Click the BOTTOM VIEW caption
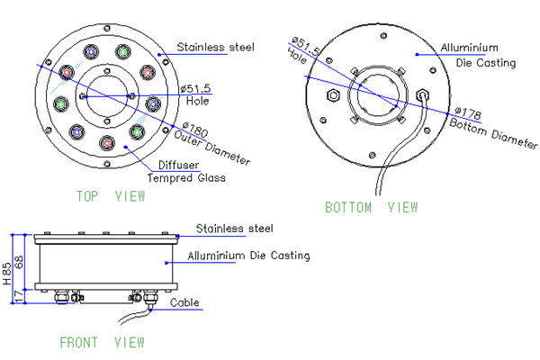pos(371,208)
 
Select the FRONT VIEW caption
pos(102,342)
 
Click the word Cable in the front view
pos(188,303)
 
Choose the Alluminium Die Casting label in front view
pos(248,256)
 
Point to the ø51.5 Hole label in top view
pos(195,94)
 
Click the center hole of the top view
pos(107,95)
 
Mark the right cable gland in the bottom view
pos(425,94)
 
